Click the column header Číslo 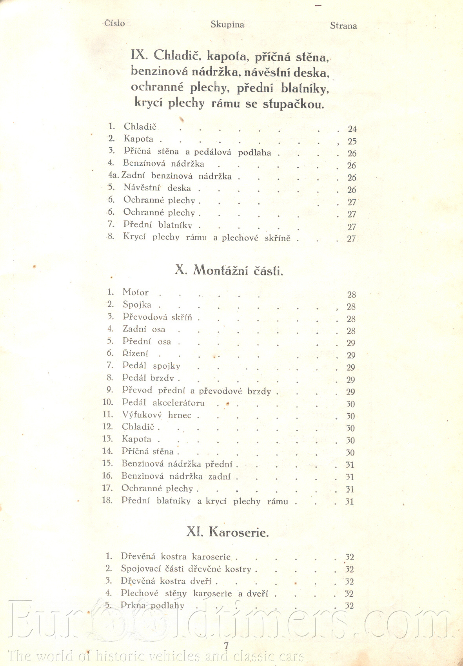pos(114,23)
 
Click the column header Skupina pos(227,25)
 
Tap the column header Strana pos(343,26)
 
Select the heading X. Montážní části pos(229,270)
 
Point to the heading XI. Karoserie pos(227,532)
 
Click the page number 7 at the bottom pos(226,646)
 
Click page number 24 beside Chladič pos(352,129)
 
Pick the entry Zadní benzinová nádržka pos(176,176)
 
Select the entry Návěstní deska pos(157,188)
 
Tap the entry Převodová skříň pos(157,317)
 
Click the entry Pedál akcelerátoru pos(163,403)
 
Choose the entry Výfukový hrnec pos(156,415)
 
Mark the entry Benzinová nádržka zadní pos(176,476)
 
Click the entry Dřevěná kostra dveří pos(166,581)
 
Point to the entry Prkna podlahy pos(152,606)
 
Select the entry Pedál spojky pos(151,366)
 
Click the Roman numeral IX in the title pos(139,54)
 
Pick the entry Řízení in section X pos(135,354)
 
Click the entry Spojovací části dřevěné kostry pos(186,569)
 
